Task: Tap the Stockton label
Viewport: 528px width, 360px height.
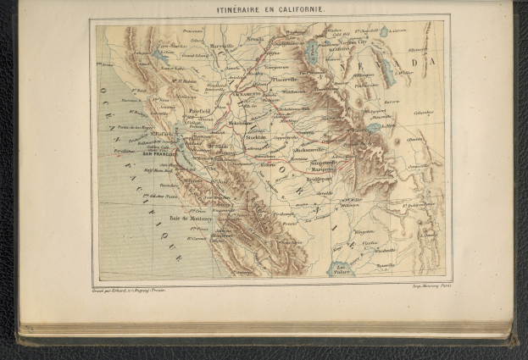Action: [256, 136]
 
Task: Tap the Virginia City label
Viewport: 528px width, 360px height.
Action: [332, 41]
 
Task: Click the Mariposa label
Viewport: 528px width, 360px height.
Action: [323, 169]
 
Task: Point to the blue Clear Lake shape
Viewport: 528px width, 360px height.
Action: [158, 56]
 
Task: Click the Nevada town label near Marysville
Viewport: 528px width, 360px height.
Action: [255, 39]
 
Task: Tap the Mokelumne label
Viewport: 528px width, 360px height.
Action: [244, 123]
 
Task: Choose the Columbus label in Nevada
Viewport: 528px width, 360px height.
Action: [424, 111]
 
